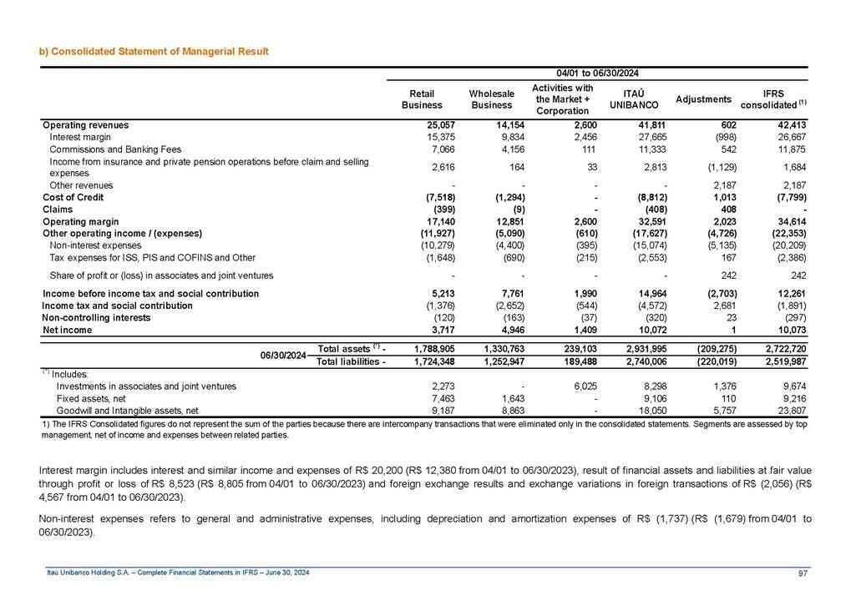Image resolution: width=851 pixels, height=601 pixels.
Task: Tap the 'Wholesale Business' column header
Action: tap(491, 98)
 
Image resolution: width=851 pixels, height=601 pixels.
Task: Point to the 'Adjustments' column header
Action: tap(703, 99)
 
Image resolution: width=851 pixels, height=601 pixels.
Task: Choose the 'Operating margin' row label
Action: tap(80, 221)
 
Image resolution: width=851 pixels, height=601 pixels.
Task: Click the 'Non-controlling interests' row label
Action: tap(96, 318)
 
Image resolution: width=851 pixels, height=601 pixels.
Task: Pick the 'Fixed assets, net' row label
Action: tap(92, 398)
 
